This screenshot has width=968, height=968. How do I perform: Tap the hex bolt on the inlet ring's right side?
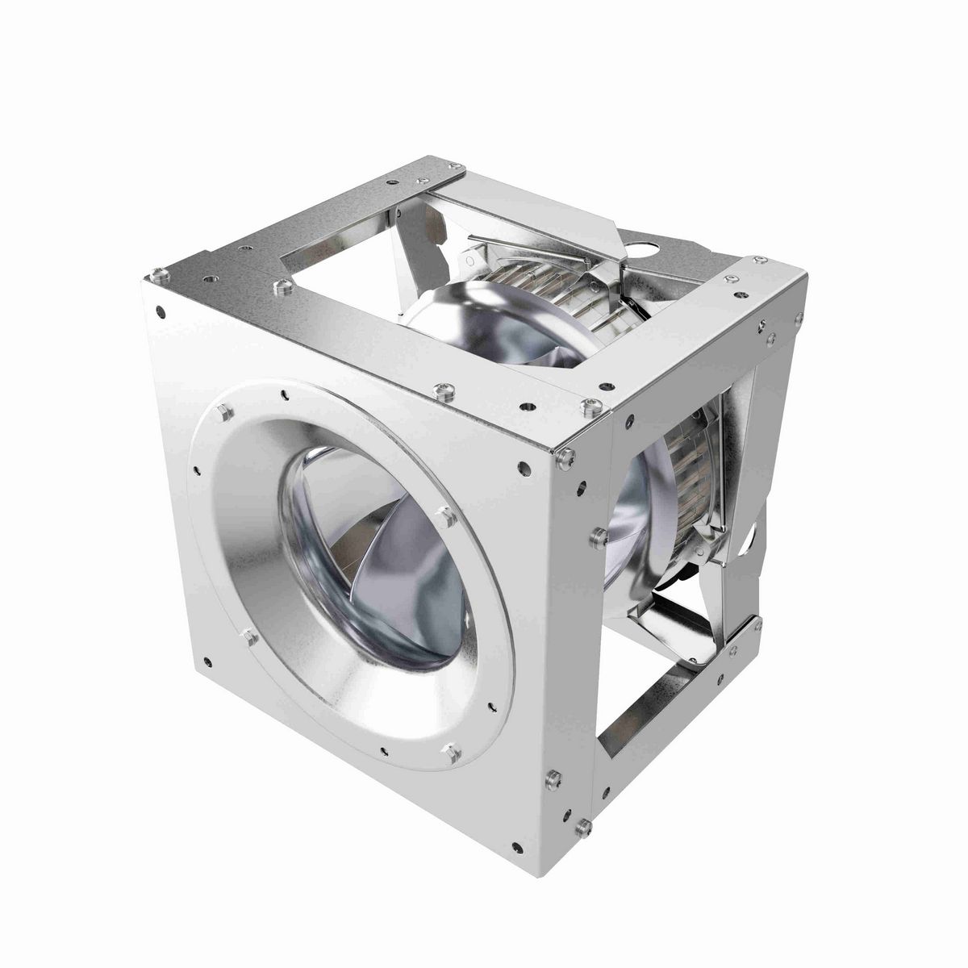point(443,513)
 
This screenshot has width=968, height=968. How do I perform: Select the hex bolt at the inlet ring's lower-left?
point(249,637)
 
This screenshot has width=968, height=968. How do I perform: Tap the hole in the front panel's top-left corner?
point(161,310)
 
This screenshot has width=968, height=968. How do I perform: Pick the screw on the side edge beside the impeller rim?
point(598,537)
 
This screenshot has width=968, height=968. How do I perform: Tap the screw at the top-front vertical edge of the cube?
point(565,459)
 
